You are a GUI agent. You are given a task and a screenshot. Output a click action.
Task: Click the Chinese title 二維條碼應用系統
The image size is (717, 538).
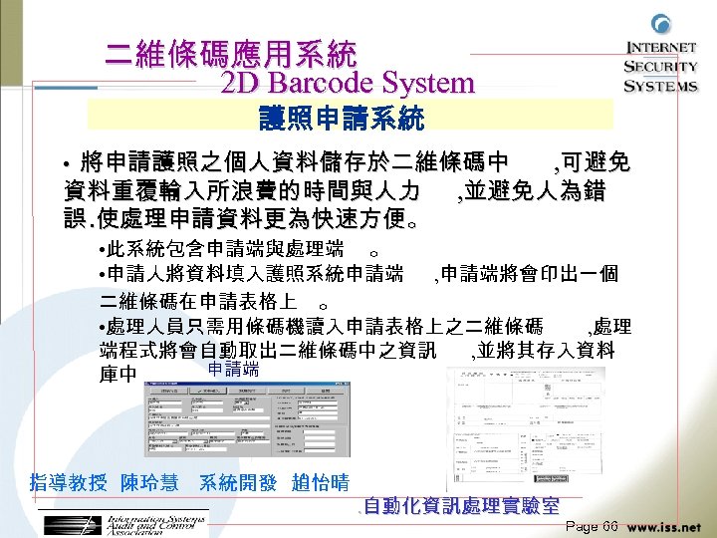click(x=230, y=52)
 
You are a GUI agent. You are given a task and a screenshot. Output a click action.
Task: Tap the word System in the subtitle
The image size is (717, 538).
click(x=431, y=83)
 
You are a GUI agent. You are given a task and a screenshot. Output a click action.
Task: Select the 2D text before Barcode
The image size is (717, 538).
click(x=239, y=83)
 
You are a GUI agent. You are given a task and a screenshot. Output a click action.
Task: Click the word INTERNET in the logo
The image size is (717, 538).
click(x=661, y=48)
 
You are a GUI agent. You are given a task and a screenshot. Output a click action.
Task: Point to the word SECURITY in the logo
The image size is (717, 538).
click(x=661, y=67)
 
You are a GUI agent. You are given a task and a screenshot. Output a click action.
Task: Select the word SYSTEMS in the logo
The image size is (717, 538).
click(x=661, y=86)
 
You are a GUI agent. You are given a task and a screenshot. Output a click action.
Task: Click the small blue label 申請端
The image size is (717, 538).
click(x=233, y=370)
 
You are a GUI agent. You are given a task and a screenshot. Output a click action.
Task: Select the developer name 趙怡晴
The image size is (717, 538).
click(x=320, y=483)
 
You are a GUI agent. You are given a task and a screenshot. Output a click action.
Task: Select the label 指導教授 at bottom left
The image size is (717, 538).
click(x=69, y=483)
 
